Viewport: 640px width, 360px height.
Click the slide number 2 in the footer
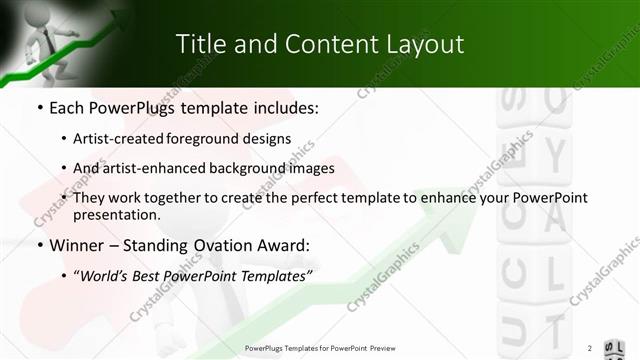(590, 348)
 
